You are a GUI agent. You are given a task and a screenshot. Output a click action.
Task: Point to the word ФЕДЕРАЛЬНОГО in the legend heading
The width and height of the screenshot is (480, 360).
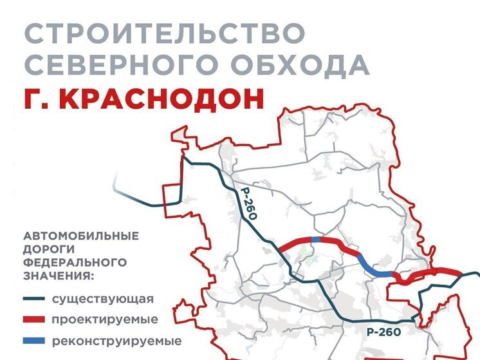[x=74, y=263]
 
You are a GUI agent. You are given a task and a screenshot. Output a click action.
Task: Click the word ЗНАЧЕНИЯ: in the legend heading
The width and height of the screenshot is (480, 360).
[x=59, y=276]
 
